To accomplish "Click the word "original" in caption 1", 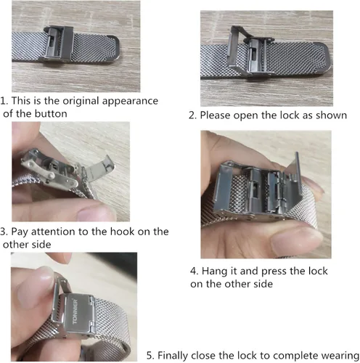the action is click(81, 101).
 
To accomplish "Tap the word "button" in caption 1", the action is click(51, 113).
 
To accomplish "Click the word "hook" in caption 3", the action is click(122, 232).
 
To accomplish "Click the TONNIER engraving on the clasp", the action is click(75, 311).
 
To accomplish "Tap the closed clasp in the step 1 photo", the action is click(58, 44).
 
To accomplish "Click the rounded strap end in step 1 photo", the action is click(115, 49).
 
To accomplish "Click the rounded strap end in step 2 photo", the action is click(324, 57).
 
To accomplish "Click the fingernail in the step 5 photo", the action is click(36, 288).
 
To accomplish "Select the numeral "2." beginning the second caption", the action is click(193, 115).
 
